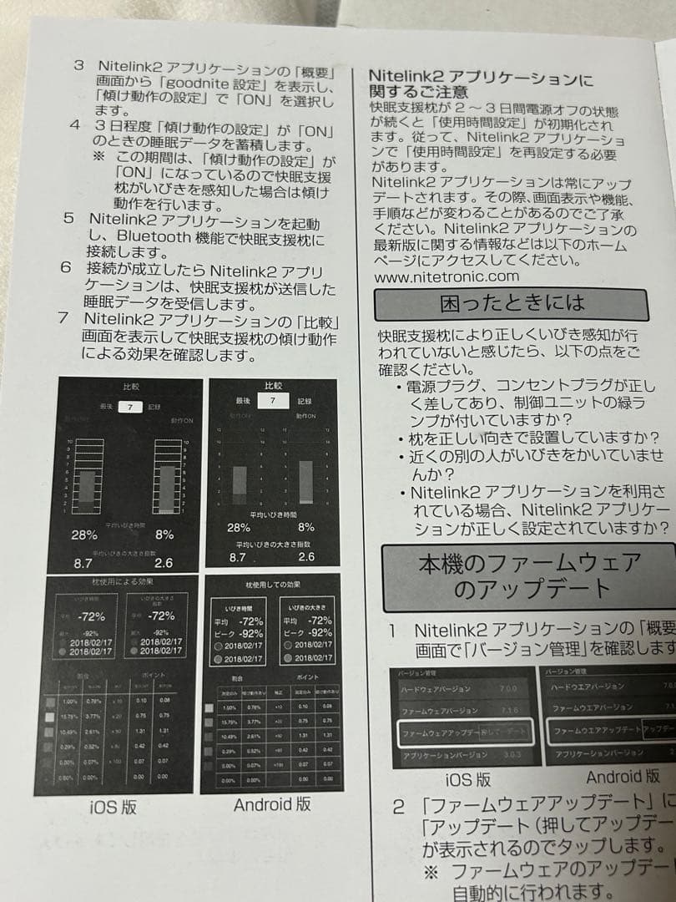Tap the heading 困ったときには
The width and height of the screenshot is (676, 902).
click(x=512, y=304)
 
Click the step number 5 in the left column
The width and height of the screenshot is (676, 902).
click(x=69, y=219)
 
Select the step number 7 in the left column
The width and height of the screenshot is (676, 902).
click(x=63, y=319)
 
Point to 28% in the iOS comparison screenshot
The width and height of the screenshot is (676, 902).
click(x=83, y=535)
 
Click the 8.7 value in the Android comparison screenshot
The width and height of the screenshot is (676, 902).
click(x=238, y=557)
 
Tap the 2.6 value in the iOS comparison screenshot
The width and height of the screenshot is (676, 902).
click(x=164, y=564)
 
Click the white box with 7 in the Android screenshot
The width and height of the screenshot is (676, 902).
click(x=267, y=402)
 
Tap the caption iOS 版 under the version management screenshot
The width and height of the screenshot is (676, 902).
click(x=468, y=781)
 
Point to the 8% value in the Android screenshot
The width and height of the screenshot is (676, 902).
click(x=306, y=527)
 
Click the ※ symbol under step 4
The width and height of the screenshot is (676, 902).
click(x=98, y=156)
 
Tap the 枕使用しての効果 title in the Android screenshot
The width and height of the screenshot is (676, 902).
click(x=273, y=584)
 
